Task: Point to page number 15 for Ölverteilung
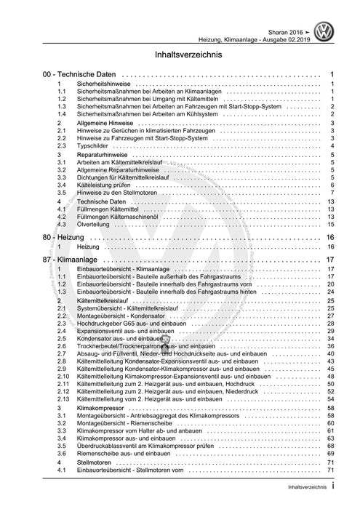[x=329, y=225]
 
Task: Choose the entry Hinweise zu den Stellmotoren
[x=116, y=193]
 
